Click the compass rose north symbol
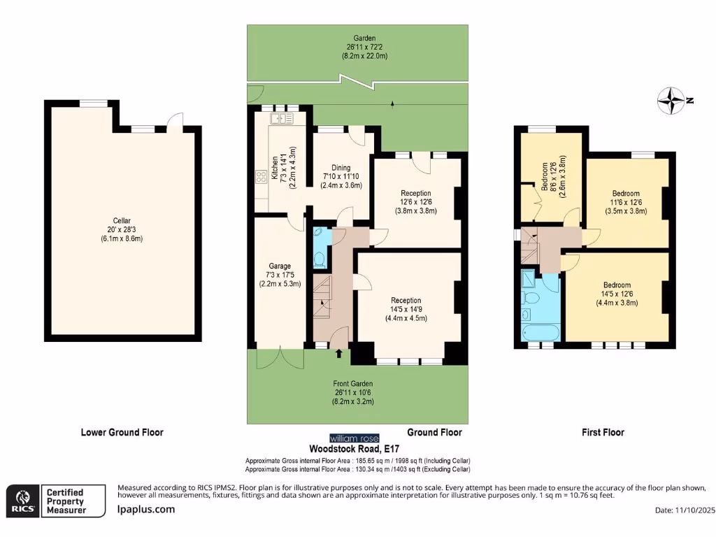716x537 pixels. pos(671,101)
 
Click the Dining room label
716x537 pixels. pos(341,168)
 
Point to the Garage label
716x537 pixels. pos(280,266)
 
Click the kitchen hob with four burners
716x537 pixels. pos(262,178)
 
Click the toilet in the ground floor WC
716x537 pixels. pos(320,259)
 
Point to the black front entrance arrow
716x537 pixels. pos(339,354)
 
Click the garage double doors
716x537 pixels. pos(280,357)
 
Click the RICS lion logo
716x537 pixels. pos(21,501)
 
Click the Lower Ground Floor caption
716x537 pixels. pos(122,433)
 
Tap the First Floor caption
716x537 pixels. pos(603,433)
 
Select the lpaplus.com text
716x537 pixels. pos(145,509)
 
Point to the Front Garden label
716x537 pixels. pos(352,384)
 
